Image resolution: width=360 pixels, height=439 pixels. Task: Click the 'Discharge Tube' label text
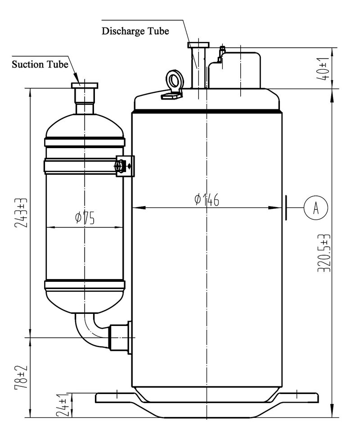click(x=135, y=32)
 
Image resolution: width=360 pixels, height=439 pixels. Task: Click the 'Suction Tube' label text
click(x=40, y=64)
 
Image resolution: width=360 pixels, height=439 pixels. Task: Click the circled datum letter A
click(x=316, y=208)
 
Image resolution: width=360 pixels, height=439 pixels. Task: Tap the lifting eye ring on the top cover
click(x=172, y=79)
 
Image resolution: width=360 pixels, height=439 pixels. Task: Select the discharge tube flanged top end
click(x=198, y=45)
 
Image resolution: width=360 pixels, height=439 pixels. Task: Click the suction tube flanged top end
click(x=85, y=86)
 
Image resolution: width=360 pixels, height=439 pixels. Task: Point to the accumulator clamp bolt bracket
click(x=125, y=166)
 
